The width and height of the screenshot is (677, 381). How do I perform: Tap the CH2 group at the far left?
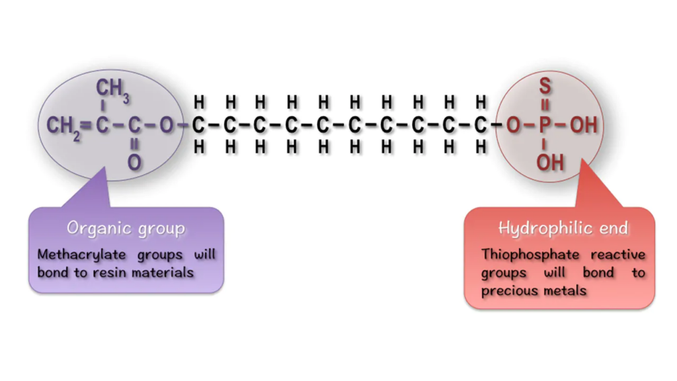click(62, 125)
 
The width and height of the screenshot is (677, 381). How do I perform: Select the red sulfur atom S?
click(545, 86)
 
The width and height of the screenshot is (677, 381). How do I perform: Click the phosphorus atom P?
click(545, 125)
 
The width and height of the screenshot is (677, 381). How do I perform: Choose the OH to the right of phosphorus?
click(583, 125)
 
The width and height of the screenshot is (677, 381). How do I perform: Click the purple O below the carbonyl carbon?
click(134, 162)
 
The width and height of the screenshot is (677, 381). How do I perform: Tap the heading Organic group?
click(126, 229)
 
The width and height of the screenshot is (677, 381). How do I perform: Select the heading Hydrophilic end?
click(563, 229)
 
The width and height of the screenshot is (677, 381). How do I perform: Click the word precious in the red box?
click(506, 290)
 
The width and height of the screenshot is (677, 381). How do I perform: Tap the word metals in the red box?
click(563, 290)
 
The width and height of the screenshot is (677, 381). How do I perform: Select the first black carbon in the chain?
click(198, 125)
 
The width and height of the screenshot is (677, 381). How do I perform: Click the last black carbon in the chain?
click(481, 125)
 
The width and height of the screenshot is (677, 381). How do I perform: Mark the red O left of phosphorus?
click(513, 125)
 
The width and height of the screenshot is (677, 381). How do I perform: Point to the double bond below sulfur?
click(545, 105)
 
